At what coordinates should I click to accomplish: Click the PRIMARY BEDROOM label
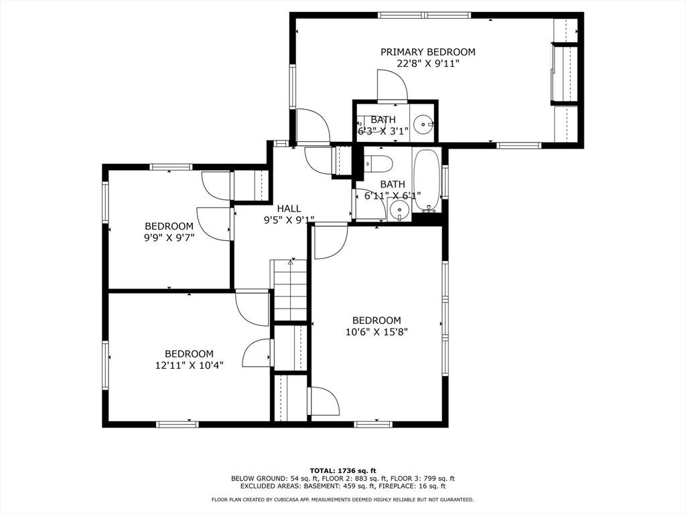[x=427, y=52]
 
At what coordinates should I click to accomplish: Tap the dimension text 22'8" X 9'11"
[x=428, y=64]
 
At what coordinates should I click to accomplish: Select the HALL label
[x=289, y=209]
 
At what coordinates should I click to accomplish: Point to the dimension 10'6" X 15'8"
[x=376, y=332]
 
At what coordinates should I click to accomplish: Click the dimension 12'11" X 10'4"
[x=190, y=365]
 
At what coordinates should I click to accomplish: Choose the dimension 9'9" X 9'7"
[x=169, y=238]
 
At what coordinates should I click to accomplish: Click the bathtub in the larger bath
[x=426, y=181]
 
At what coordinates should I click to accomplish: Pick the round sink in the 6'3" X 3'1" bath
[x=423, y=124]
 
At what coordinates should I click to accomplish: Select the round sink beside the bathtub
[x=399, y=209]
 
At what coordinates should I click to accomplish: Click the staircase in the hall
[x=290, y=291]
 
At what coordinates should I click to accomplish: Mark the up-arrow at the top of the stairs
[x=290, y=262]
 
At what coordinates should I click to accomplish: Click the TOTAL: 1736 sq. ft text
[x=343, y=470]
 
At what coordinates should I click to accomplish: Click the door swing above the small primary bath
[x=393, y=85]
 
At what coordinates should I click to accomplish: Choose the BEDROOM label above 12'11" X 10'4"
[x=190, y=353]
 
